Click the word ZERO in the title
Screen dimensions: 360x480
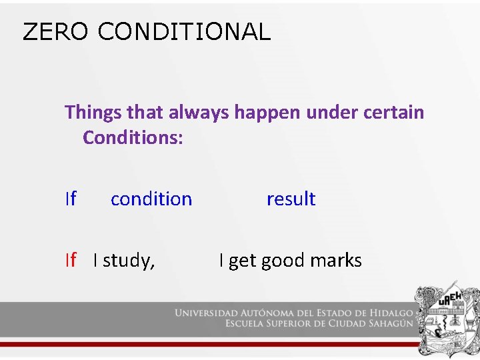click(x=55, y=31)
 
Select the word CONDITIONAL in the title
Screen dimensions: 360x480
click(x=184, y=31)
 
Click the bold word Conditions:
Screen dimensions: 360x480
click(x=133, y=138)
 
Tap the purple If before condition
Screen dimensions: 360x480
click(x=71, y=199)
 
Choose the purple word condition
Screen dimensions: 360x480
click(x=151, y=199)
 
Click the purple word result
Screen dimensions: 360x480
click(x=291, y=199)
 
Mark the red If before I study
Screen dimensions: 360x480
click(x=71, y=260)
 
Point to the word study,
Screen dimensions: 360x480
click(x=129, y=261)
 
